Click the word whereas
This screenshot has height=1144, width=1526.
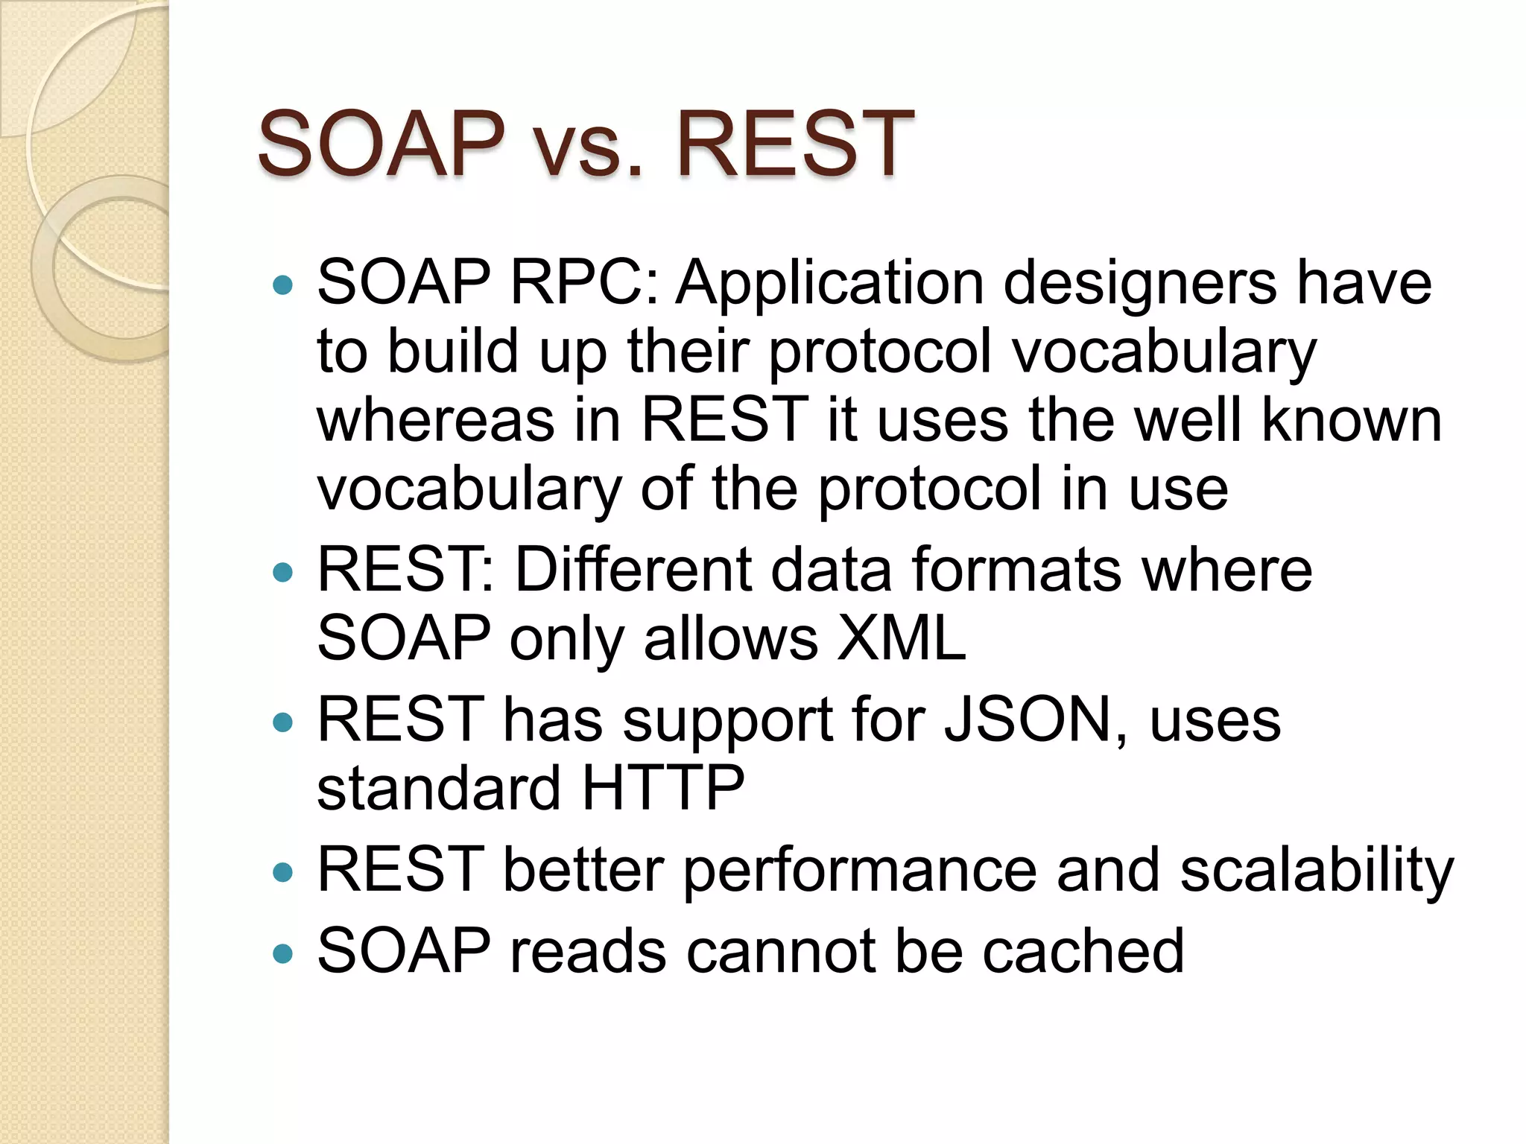pyautogui.click(x=436, y=420)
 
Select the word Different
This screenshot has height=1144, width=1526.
pyautogui.click(x=633, y=570)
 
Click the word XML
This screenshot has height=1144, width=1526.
pyautogui.click(x=901, y=638)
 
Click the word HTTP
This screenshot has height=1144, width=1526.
pyautogui.click(x=662, y=788)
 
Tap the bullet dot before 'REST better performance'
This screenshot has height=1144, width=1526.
pyautogui.click(x=283, y=871)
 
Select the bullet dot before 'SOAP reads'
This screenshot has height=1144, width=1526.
pyautogui.click(x=283, y=953)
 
